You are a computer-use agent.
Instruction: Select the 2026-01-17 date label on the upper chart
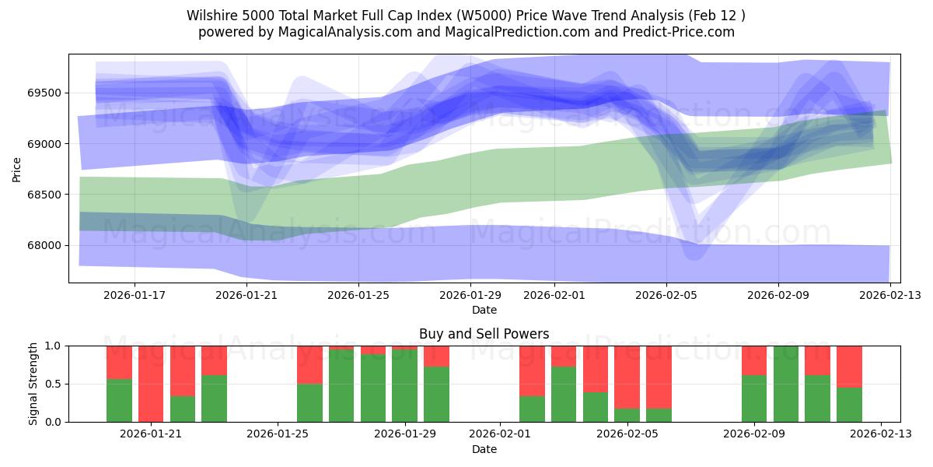click(135, 295)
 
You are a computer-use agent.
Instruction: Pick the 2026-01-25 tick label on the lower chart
click(278, 434)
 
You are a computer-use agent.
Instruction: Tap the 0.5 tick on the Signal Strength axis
click(53, 384)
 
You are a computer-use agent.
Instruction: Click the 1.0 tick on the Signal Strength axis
click(53, 346)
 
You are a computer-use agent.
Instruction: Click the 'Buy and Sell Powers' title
click(484, 334)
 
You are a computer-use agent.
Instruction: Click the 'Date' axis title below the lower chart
click(484, 449)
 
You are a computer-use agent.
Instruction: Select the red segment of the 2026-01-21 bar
click(151, 381)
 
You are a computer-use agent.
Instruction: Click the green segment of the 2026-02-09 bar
click(754, 399)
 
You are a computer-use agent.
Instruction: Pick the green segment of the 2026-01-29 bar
click(404, 385)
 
